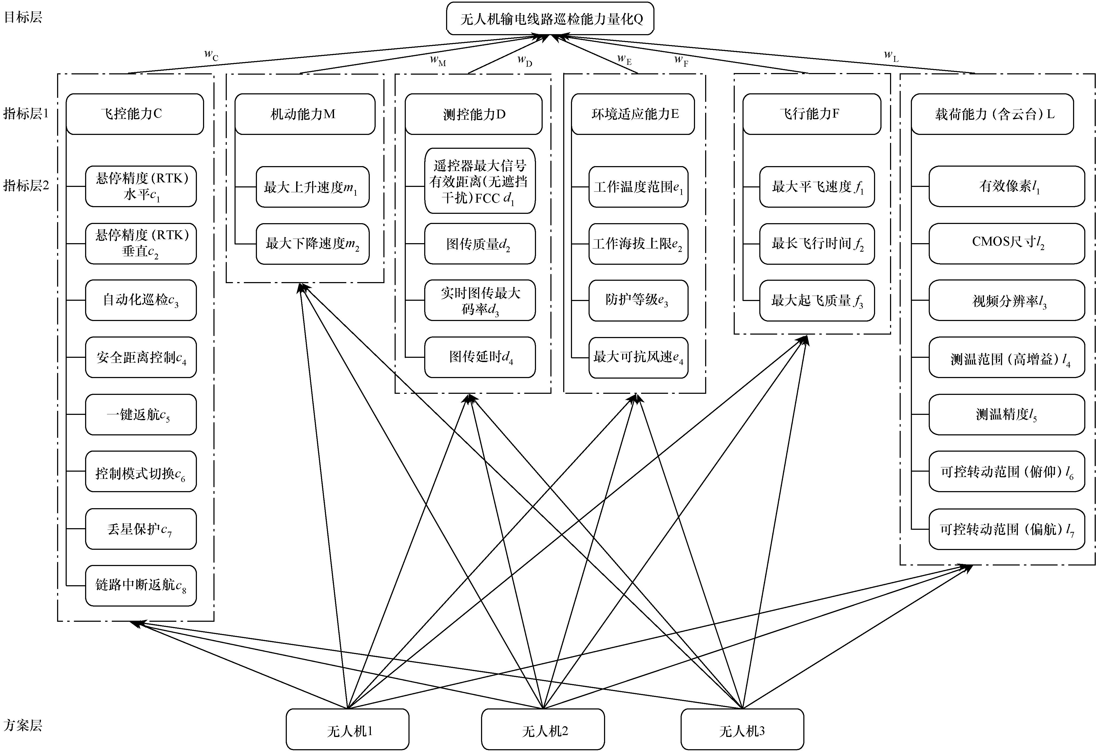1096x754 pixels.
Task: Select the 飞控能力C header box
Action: (135, 114)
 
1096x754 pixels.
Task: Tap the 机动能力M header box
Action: (305, 114)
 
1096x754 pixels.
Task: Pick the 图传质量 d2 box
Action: (480, 244)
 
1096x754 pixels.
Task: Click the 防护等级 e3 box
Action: (638, 300)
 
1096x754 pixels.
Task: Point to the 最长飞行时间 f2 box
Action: (817, 244)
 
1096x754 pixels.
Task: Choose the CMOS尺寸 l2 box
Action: (1007, 243)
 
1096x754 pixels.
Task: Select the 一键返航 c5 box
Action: (141, 414)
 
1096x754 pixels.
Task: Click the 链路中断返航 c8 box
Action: (141, 585)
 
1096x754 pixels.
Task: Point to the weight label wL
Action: (891, 56)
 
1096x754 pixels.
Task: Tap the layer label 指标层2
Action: (26, 185)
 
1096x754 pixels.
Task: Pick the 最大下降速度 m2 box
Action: (312, 244)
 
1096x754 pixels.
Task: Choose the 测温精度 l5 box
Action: (1007, 414)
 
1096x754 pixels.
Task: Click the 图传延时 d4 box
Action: (480, 357)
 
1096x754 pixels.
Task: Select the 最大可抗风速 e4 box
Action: (638, 358)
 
